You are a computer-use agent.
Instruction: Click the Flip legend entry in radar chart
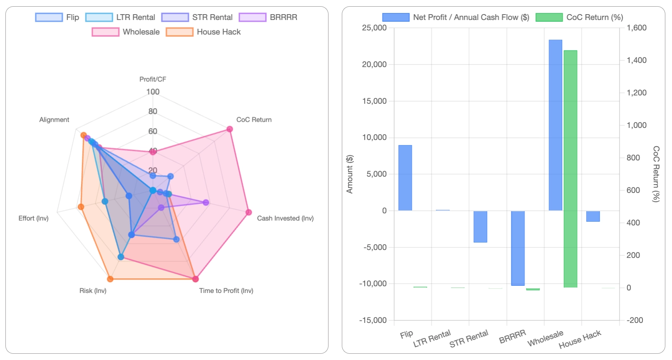[x=57, y=17]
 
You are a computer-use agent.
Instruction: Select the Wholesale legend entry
[x=126, y=32]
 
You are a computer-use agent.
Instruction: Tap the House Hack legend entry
[x=203, y=32]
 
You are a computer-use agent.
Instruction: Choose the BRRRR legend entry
[x=268, y=17]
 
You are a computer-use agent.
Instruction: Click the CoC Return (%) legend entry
[x=579, y=17]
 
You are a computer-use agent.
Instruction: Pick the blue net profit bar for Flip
[x=405, y=178]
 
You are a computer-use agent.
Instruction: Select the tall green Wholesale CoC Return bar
[x=570, y=169]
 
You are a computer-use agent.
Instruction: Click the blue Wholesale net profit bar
[x=555, y=125]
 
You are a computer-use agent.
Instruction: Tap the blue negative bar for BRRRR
[x=518, y=248]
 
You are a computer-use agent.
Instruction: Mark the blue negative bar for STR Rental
[x=480, y=226]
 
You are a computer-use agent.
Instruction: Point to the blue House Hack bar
[x=592, y=216]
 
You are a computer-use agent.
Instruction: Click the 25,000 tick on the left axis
[x=374, y=28]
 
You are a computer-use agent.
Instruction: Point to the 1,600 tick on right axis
[x=636, y=28]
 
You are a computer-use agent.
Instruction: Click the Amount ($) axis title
[x=350, y=174]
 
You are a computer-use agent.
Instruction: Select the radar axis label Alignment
[x=54, y=120]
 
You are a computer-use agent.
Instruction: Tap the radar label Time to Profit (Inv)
[x=226, y=290]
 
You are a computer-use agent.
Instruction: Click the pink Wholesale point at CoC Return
[x=229, y=129]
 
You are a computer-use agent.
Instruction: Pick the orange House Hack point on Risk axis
[x=110, y=279]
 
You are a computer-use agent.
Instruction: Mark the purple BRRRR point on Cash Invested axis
[x=206, y=202]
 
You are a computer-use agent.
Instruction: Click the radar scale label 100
[x=153, y=92]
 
